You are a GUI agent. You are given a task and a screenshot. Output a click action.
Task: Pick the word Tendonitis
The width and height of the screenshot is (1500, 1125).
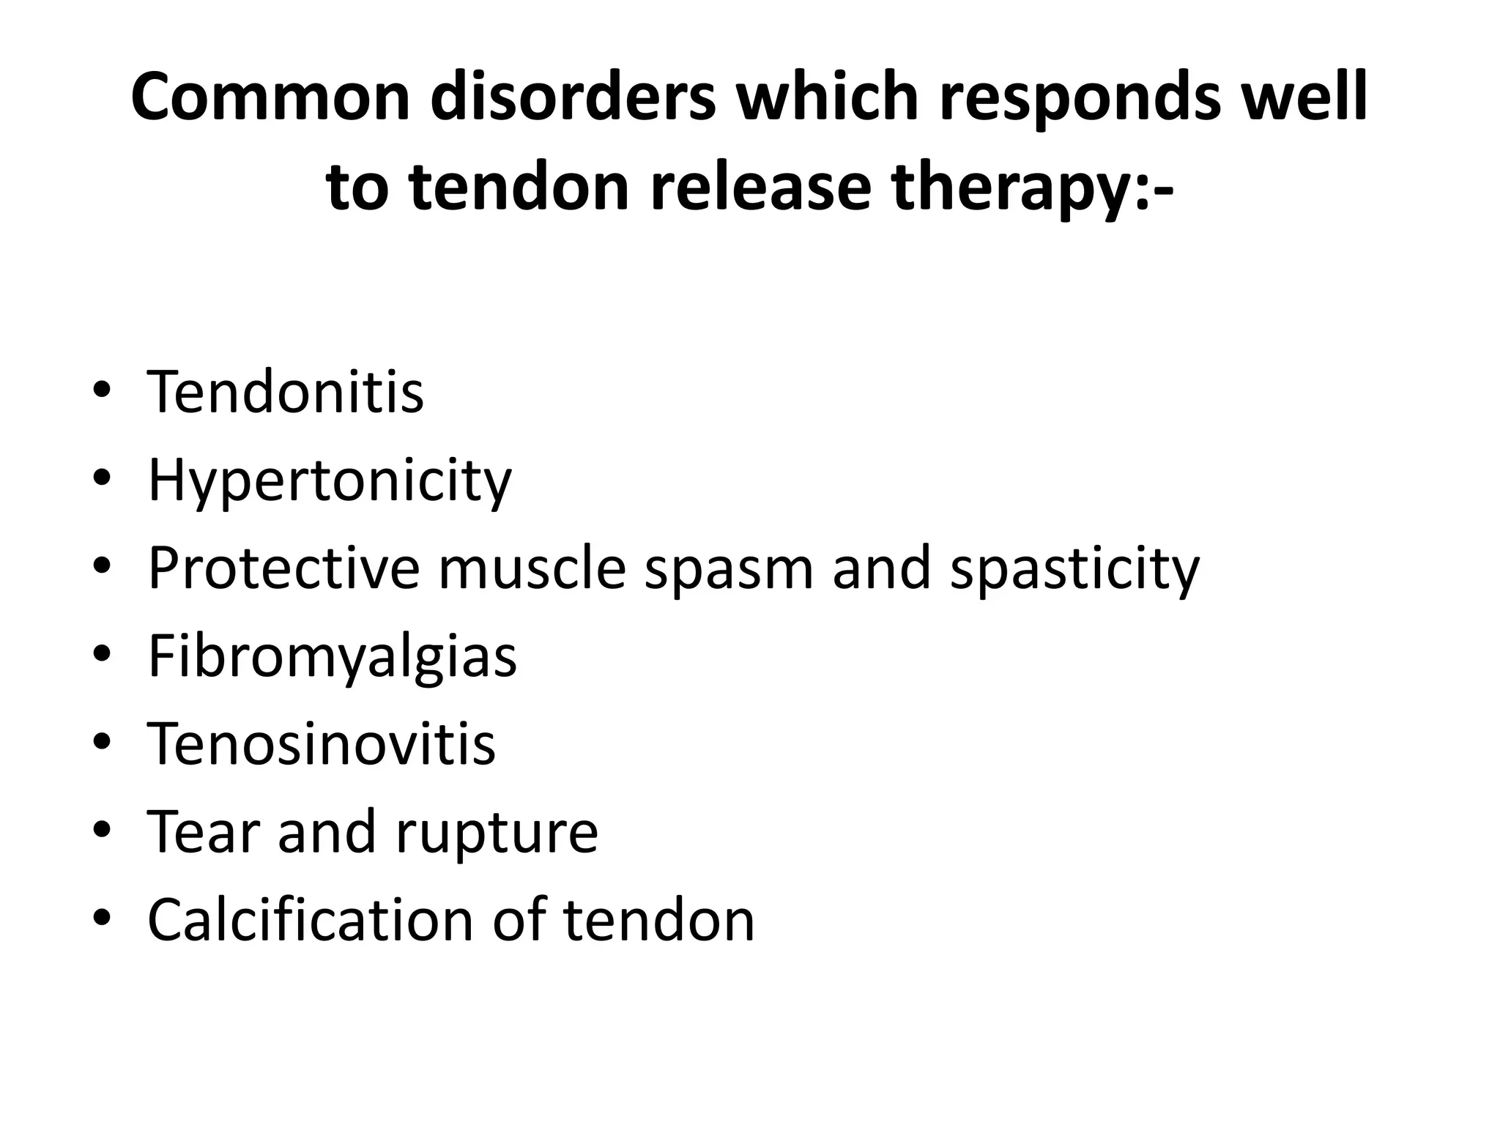pyautogui.click(x=286, y=392)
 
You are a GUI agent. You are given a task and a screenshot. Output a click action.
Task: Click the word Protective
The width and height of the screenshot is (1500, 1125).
pyautogui.click(x=284, y=568)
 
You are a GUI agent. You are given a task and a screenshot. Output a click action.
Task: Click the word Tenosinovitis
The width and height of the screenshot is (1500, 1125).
pyautogui.click(x=322, y=743)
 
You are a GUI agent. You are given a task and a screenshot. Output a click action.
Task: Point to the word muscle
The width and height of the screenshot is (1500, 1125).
pyautogui.click(x=532, y=568)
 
